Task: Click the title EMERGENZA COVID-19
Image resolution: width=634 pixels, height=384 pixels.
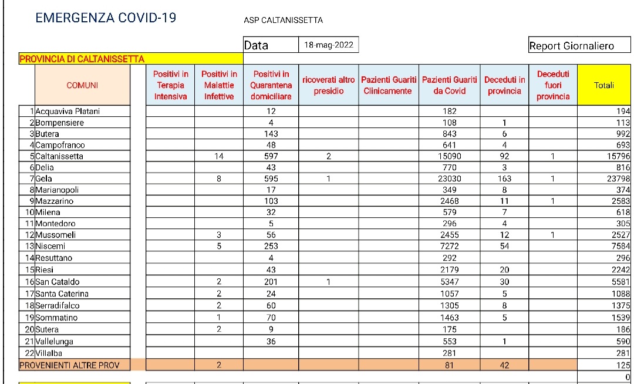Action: click(106, 18)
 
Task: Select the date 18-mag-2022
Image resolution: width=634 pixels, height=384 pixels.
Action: click(329, 45)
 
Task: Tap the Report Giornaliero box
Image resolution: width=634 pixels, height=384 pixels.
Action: click(571, 46)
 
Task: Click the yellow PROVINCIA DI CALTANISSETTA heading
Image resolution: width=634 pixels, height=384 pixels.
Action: click(82, 59)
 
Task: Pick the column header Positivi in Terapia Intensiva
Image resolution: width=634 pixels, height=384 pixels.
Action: click(170, 85)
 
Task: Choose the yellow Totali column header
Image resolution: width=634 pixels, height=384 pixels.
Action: click(604, 85)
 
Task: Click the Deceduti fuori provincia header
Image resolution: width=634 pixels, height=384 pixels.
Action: click(552, 85)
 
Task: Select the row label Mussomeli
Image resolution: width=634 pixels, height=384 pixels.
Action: click(55, 235)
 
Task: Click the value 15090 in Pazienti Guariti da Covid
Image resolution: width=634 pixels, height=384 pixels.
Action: click(449, 156)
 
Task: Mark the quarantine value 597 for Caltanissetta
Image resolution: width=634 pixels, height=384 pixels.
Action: click(271, 156)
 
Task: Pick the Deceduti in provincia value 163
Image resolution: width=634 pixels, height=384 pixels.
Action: click(504, 178)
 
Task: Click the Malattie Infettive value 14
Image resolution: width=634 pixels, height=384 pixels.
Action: click(219, 156)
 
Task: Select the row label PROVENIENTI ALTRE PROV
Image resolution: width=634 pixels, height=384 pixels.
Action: click(69, 365)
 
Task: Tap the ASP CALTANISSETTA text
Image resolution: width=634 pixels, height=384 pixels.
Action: click(283, 20)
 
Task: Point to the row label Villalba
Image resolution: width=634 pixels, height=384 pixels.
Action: click(49, 353)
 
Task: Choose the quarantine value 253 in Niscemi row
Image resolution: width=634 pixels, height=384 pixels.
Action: click(271, 246)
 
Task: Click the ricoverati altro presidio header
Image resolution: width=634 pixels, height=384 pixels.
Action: click(329, 85)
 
